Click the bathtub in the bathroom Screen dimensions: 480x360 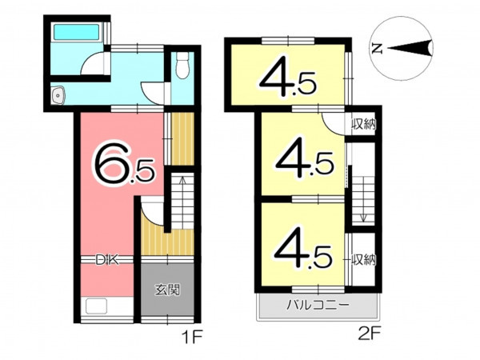click(x=77, y=32)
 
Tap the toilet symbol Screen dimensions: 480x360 click(x=182, y=66)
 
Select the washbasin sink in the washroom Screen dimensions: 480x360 click(x=58, y=95)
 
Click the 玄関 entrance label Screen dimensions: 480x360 click(x=167, y=290)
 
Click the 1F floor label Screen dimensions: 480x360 click(x=192, y=338)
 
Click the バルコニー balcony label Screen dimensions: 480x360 click(x=318, y=305)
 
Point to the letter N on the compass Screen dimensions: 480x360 click(x=377, y=48)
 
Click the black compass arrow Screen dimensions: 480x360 click(x=410, y=48)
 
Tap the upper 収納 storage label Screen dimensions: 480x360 click(x=363, y=124)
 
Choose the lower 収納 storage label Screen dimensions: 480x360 click(x=363, y=259)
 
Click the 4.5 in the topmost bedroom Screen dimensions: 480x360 click(x=287, y=80)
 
